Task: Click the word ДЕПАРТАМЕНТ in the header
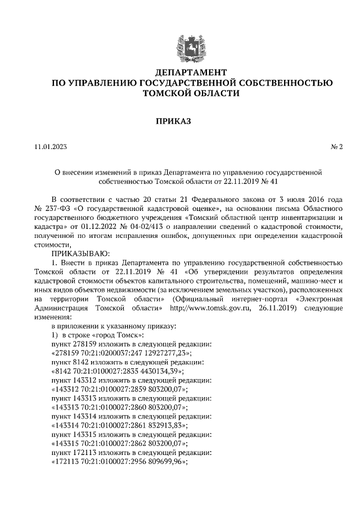tap(191, 73)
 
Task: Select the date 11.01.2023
tap(51, 147)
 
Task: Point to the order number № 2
tap(336, 147)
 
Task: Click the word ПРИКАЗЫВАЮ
tap(82, 254)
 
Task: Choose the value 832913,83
tap(168, 425)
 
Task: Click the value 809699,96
tap(168, 461)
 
